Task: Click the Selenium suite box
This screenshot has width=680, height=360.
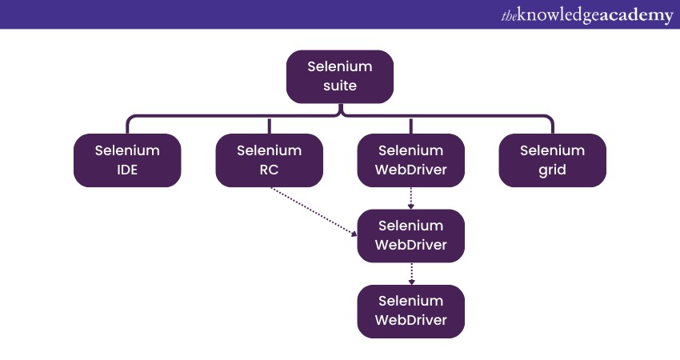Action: (340, 77)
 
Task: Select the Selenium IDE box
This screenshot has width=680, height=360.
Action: (127, 160)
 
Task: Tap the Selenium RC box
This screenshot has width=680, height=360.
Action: (269, 160)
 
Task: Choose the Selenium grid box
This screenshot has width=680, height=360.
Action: (552, 160)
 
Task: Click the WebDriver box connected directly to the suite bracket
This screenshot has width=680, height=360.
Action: (410, 160)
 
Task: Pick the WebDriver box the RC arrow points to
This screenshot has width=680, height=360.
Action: (410, 236)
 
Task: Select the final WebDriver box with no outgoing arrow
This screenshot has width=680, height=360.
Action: (410, 311)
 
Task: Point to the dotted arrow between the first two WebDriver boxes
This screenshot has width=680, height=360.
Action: (411, 198)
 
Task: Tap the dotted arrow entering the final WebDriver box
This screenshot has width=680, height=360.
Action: (411, 273)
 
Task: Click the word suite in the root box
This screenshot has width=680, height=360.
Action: (340, 86)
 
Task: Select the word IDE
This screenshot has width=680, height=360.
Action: (127, 170)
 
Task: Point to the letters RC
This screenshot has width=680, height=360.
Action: (269, 170)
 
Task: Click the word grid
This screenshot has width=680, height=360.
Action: (552, 170)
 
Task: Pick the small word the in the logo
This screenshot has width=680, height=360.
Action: (510, 16)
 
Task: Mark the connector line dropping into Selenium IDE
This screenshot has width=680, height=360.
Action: (127, 125)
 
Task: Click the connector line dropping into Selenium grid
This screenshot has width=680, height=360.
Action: (552, 125)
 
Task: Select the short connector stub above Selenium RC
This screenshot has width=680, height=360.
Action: (269, 126)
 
